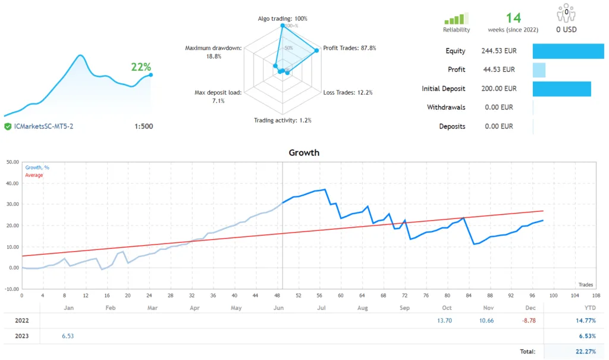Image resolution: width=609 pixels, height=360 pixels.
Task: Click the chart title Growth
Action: coord(304,153)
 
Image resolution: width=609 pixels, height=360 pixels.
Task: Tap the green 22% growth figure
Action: coord(142,67)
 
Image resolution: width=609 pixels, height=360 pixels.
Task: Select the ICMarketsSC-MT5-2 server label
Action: coord(43,126)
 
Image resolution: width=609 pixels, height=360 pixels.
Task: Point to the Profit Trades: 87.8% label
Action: coord(349,48)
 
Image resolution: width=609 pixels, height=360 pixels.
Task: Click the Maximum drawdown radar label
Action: coord(213,52)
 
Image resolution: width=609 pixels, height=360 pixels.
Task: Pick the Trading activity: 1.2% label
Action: coord(282,120)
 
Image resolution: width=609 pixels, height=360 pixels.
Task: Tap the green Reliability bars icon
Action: coord(456,18)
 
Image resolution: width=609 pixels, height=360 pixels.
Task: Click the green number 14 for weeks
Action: coord(513,18)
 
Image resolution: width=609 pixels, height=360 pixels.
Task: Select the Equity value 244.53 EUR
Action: coord(498,51)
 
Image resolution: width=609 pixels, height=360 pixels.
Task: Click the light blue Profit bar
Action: coord(539,70)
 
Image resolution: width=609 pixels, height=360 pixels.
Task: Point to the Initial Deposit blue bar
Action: coord(561,89)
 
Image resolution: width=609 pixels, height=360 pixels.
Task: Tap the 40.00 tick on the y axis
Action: coord(11,183)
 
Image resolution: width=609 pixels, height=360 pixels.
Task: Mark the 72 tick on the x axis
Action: coord(404,295)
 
